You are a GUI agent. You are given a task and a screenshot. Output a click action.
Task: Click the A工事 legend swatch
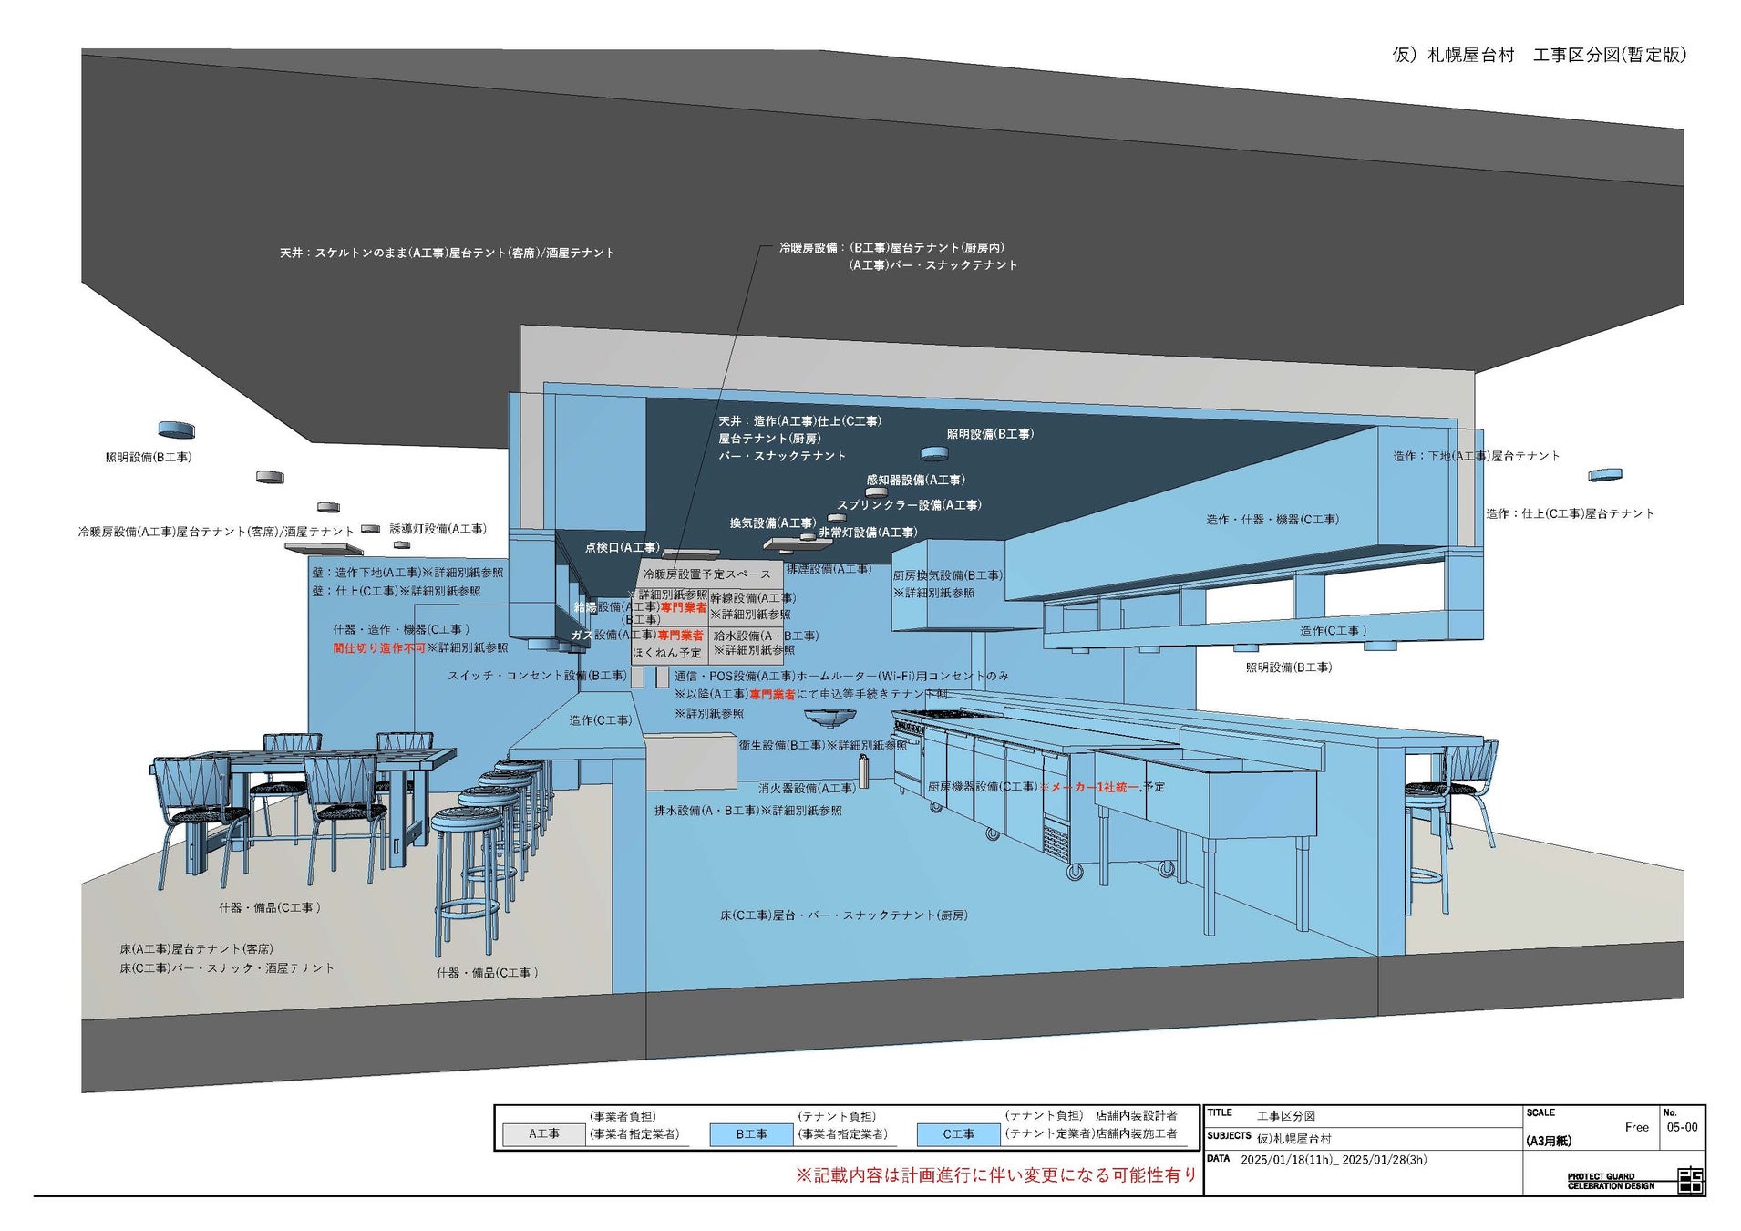[543, 1133]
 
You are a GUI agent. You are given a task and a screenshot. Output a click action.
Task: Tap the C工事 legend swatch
[958, 1133]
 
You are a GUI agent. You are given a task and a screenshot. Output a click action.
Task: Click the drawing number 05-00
[1682, 1127]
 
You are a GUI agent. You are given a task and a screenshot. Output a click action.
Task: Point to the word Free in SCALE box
[1636, 1127]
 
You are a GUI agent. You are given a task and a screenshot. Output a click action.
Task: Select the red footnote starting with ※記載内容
[995, 1175]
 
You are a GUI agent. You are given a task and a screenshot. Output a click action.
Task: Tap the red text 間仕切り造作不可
[378, 648]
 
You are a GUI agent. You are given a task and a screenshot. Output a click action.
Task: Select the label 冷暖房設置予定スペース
[706, 574]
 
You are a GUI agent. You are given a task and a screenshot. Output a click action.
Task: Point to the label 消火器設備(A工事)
[807, 788]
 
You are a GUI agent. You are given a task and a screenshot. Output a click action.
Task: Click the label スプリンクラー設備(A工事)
[909, 505]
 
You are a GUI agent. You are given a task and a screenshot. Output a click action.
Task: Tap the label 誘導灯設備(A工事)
[438, 529]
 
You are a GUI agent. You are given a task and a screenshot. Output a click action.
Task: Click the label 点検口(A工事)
[622, 548]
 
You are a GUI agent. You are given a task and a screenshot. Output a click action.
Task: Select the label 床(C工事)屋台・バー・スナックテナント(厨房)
[843, 915]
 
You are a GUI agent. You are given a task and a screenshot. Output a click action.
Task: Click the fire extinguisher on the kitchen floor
[863, 771]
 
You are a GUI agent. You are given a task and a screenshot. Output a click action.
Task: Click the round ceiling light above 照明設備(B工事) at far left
[176, 429]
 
